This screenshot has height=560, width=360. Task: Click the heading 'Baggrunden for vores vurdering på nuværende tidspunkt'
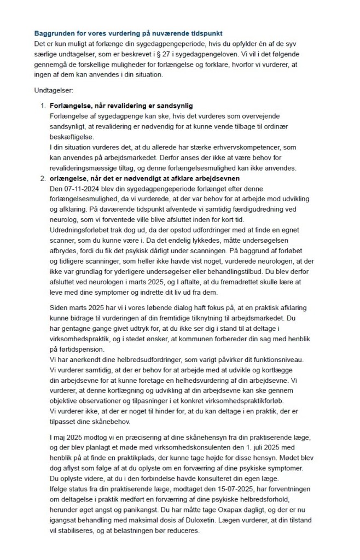128,33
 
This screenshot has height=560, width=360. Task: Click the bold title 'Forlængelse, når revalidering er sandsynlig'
120,104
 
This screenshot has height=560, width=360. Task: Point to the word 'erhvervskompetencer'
278,148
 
